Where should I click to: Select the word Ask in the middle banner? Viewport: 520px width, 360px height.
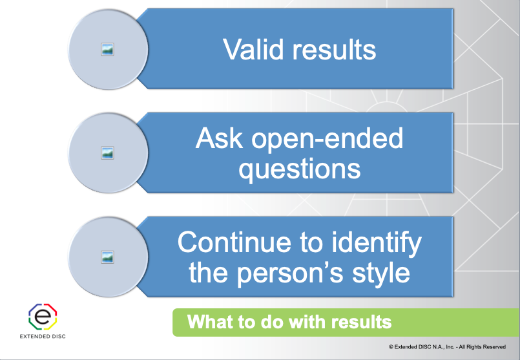222,139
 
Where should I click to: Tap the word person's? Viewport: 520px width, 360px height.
295,272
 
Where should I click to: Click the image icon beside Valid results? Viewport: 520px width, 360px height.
108,49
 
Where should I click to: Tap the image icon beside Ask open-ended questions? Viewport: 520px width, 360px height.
108,153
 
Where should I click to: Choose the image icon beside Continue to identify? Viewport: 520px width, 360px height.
108,257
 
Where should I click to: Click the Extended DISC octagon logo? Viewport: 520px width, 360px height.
43,316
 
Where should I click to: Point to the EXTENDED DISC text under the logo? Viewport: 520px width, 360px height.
43,336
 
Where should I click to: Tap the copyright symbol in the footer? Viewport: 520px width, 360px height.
391,347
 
